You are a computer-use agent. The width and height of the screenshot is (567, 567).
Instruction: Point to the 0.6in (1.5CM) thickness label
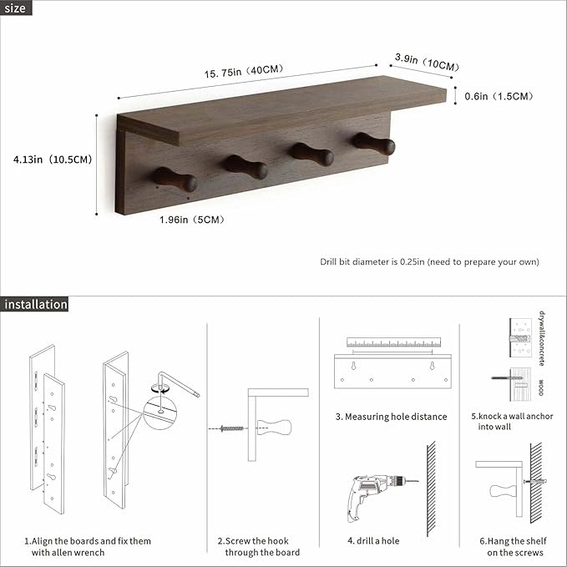click(499, 96)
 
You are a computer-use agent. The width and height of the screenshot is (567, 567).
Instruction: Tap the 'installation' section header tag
click(35, 304)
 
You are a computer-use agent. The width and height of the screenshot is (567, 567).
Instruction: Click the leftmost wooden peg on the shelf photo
click(175, 179)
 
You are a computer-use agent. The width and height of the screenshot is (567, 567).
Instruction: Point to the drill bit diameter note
click(429, 261)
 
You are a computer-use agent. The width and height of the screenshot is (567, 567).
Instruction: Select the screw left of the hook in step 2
click(230, 428)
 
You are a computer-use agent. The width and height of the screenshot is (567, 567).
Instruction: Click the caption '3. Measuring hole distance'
click(392, 417)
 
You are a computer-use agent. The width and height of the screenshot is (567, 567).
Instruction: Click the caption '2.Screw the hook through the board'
click(259, 546)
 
